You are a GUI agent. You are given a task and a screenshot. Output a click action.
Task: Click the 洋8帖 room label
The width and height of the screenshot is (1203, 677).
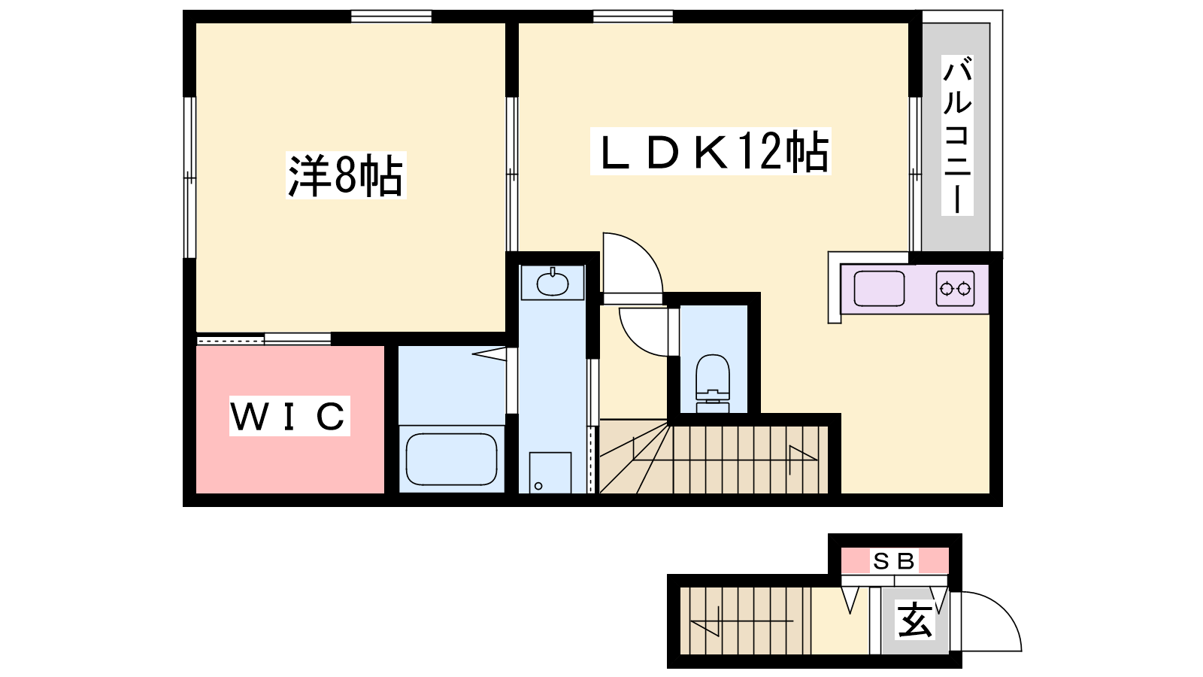coord(346,176)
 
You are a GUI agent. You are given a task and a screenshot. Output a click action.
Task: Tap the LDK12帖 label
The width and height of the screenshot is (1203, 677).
coord(711,151)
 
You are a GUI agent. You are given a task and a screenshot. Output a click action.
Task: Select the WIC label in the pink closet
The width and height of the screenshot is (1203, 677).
coord(289,416)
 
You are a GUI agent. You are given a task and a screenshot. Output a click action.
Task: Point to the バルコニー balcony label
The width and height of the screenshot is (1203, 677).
coord(957,135)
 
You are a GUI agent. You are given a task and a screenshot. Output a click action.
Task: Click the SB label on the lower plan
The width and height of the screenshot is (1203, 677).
coord(894,561)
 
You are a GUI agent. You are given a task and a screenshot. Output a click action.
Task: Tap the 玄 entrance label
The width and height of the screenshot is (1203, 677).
coord(915,620)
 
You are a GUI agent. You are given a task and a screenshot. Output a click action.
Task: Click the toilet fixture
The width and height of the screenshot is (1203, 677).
coord(713,383)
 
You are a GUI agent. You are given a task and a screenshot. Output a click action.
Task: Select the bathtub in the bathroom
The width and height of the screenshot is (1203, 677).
coord(452,459)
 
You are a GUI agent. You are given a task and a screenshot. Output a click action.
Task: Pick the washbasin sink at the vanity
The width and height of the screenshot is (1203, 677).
coord(552,282)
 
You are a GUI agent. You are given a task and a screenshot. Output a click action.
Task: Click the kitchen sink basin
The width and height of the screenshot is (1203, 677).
coord(879,289)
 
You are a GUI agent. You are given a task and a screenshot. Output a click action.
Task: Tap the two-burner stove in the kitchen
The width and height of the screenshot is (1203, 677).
coord(956,289)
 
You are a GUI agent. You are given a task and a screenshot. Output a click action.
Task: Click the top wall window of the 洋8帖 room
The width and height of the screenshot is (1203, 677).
coord(391,17)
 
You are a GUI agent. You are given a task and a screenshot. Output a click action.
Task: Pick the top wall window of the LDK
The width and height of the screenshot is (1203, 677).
coord(633,17)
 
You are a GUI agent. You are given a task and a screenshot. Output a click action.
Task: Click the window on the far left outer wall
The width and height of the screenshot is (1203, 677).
coord(189,178)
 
